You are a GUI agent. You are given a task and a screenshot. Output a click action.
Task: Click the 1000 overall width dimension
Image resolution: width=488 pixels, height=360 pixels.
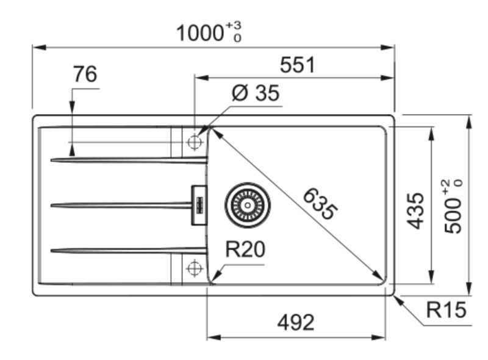pyautogui.click(x=200, y=33)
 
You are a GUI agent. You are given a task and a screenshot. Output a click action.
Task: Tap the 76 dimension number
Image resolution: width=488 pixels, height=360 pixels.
pyautogui.click(x=85, y=74)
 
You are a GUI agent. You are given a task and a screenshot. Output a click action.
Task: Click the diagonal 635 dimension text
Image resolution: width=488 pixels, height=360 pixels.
pyautogui.click(x=319, y=204)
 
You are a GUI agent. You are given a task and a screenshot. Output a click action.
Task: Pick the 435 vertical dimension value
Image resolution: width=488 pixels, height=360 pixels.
pyautogui.click(x=416, y=210)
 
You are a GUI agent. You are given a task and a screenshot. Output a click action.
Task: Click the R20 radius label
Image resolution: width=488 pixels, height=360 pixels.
pyautogui.click(x=245, y=249)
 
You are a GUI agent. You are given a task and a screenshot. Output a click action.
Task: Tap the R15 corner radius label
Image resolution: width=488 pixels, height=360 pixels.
pyautogui.click(x=446, y=310)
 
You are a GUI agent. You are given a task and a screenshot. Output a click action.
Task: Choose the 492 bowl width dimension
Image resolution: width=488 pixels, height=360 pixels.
pyautogui.click(x=296, y=322)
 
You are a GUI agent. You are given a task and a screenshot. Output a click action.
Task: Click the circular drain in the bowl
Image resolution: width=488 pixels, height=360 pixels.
pyautogui.click(x=247, y=204)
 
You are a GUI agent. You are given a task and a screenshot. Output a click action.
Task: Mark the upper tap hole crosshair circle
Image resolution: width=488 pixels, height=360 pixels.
pyautogui.click(x=195, y=143)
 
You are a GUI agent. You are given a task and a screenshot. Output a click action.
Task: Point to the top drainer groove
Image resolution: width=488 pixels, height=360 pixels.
pyautogui.click(x=128, y=160)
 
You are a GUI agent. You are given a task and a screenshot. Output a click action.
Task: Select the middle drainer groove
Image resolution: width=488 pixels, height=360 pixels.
pyautogui.click(x=122, y=205)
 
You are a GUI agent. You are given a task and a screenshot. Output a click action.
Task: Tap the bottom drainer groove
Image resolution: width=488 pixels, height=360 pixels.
pyautogui.click(x=128, y=250)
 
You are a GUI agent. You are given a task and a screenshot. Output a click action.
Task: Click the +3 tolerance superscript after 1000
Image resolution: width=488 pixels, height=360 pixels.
pyautogui.click(x=233, y=25)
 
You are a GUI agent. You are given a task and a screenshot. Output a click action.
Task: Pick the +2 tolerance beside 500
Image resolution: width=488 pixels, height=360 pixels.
pyautogui.click(x=447, y=183)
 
